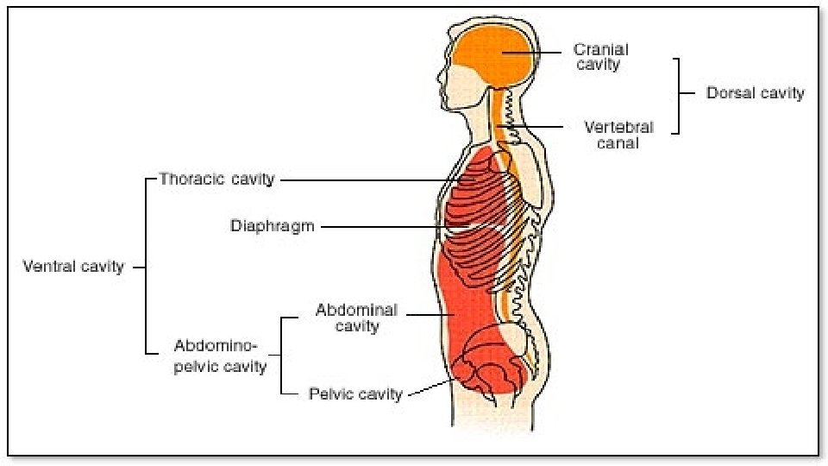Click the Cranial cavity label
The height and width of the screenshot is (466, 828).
[x=600, y=57]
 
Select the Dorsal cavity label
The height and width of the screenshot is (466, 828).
[x=755, y=93]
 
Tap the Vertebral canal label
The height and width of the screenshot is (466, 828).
[x=618, y=135]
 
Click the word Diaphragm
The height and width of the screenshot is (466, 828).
[x=272, y=227]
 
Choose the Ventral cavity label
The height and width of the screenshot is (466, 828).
[x=73, y=267]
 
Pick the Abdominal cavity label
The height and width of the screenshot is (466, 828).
[x=356, y=318]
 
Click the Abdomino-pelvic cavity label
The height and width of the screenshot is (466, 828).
[x=220, y=356]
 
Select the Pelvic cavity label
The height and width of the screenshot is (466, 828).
[x=355, y=394]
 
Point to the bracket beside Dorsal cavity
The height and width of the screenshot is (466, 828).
[x=679, y=95]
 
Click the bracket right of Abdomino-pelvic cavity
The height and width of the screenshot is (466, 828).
[x=283, y=355]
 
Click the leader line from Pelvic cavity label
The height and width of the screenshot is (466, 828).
[x=427, y=390]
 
